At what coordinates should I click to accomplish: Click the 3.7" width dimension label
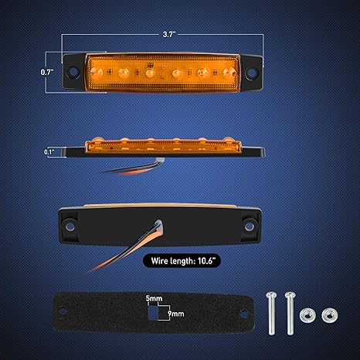pyautogui.click(x=169, y=34)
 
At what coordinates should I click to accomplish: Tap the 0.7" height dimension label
pyautogui.click(x=47, y=72)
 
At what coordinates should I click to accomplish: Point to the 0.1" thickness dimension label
pyautogui.click(x=49, y=152)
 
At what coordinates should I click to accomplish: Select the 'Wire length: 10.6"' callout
pyautogui.click(x=182, y=261)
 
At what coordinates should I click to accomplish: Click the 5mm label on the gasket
pyautogui.click(x=154, y=298)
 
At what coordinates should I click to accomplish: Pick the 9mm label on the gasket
pyautogui.click(x=176, y=314)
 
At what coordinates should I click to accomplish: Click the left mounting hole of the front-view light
pyautogui.click(x=73, y=72)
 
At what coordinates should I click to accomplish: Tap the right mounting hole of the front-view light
pyautogui.click(x=250, y=73)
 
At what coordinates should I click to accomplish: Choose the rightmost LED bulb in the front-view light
pyautogui.click(x=229, y=73)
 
